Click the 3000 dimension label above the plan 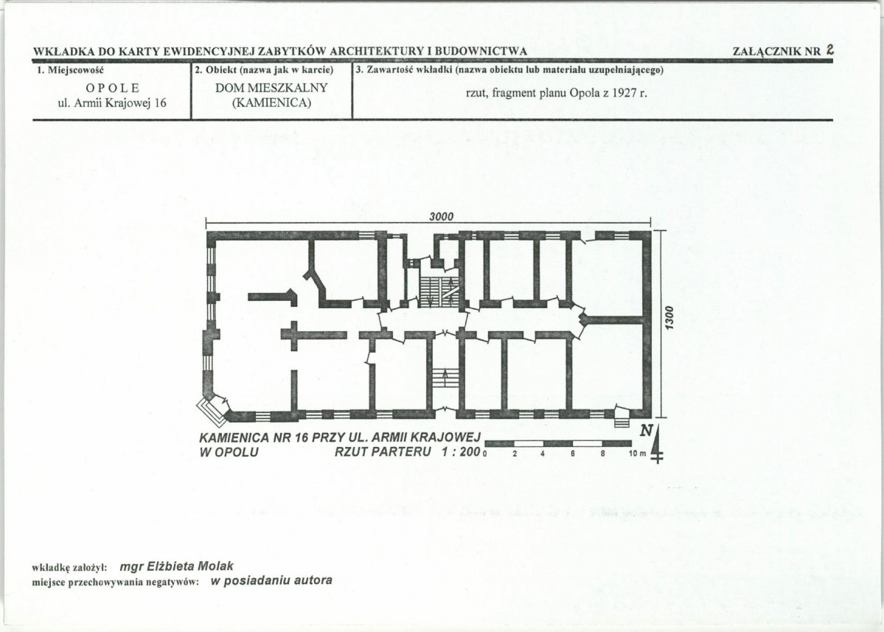pos(441,217)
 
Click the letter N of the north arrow pos(646,431)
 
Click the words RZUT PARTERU pos(383,451)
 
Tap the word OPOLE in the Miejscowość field pos(112,88)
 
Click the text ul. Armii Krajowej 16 pos(112,103)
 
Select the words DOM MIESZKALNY pos(271,88)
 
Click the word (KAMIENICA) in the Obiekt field pos(271,103)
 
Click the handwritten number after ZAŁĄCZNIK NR pos(829,49)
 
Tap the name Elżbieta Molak pos(190,566)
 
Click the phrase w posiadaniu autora pos(271,580)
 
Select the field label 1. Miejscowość pos(71,71)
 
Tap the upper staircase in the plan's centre pos(439,291)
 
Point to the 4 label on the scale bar pos(543,454)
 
